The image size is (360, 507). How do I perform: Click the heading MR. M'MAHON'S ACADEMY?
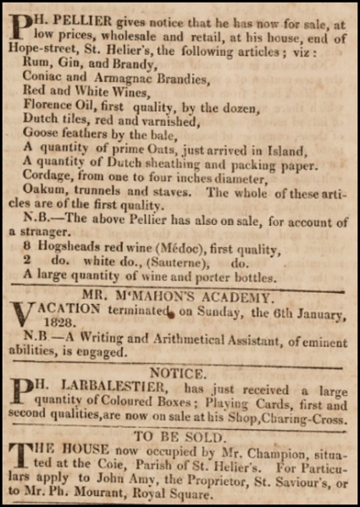click(180, 298)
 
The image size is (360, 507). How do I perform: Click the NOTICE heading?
click(180, 372)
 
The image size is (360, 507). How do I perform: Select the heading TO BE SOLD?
click(180, 436)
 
